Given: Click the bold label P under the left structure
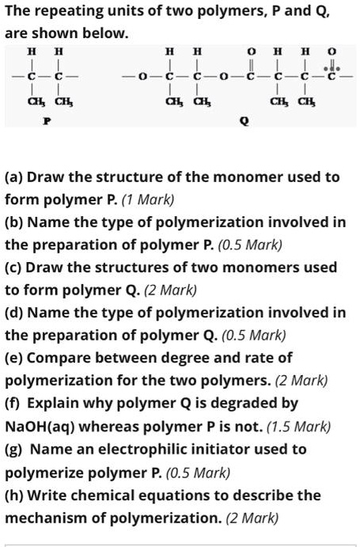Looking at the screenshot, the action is tap(46, 123).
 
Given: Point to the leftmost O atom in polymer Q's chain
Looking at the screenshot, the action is tap(141, 76).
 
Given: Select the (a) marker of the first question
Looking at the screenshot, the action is tap(14, 177).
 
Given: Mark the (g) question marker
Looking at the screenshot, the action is tap(15, 450).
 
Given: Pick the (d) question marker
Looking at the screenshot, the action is tap(15, 313).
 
